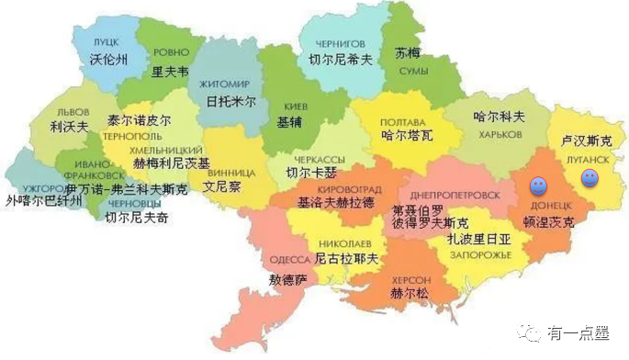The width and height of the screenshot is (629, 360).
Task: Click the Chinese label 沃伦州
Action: (x=107, y=59)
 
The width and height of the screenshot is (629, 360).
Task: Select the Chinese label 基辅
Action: (x=289, y=120)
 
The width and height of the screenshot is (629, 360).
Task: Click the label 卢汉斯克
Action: (x=586, y=142)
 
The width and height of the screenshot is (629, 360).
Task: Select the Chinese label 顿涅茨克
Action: (x=547, y=222)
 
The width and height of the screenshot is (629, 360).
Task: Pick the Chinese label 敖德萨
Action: (x=286, y=278)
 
